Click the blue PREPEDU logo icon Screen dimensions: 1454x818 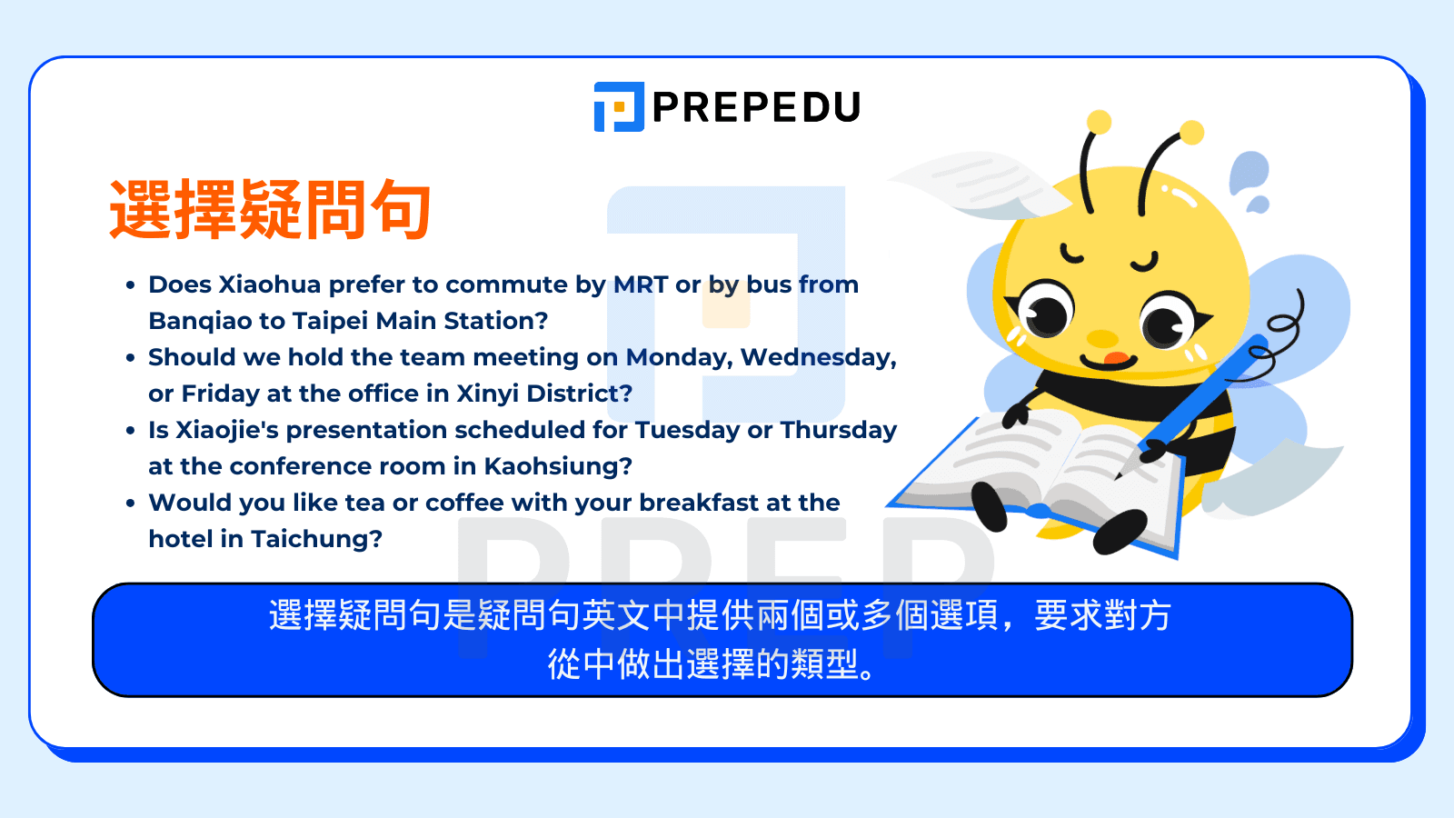619,106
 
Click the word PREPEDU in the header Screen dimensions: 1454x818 756,107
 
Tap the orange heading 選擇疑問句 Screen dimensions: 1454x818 270,209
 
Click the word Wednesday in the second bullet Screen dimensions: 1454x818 819,358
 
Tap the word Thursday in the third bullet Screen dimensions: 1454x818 838,430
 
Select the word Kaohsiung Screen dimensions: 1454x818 558,467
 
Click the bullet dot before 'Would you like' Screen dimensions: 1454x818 131,504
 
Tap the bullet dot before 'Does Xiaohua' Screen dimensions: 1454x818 131,285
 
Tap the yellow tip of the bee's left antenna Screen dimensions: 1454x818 1099,122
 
